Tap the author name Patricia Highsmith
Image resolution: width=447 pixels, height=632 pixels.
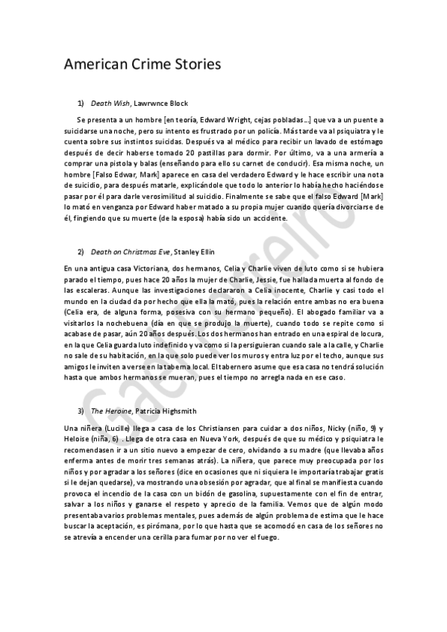(x=169, y=411)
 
